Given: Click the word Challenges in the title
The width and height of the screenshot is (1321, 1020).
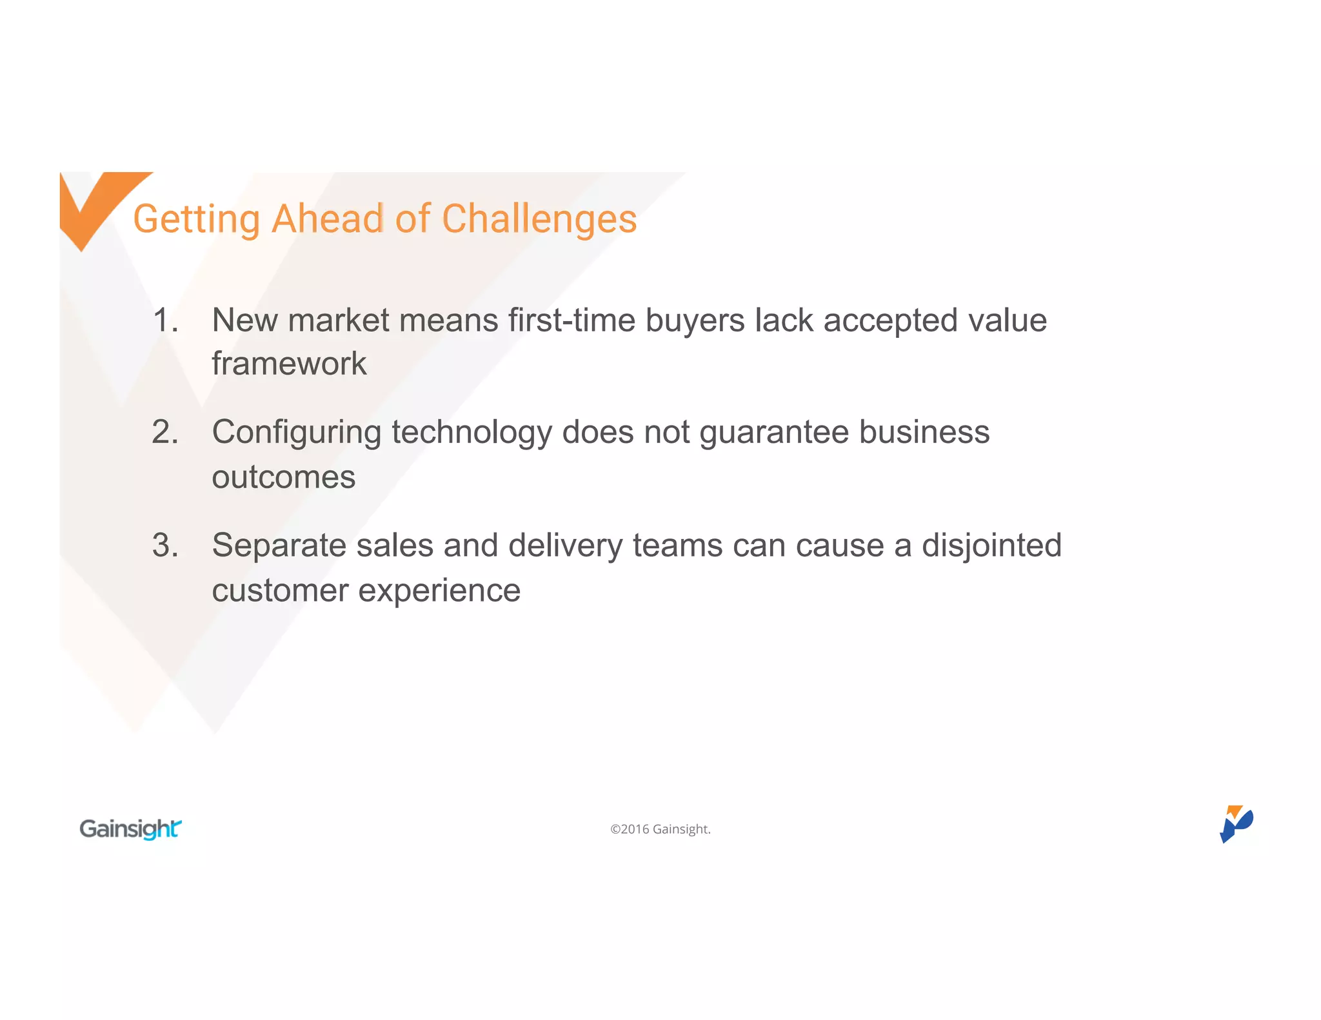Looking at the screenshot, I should tap(539, 219).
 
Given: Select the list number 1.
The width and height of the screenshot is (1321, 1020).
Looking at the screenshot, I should tap(165, 320).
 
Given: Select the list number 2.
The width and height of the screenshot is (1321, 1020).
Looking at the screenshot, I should tap(165, 432).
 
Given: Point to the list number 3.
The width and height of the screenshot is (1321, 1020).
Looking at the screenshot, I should tap(165, 545).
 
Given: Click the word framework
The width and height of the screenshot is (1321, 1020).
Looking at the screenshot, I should tap(289, 364).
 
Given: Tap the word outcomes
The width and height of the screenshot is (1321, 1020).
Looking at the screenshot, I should tap(283, 477).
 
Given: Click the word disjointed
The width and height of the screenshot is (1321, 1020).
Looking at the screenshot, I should tap(991, 545).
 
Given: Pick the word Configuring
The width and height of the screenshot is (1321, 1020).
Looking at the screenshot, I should tap(296, 432).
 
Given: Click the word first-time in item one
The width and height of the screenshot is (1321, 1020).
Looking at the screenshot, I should tap(571, 320).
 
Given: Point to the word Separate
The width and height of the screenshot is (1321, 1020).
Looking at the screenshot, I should tap(279, 545).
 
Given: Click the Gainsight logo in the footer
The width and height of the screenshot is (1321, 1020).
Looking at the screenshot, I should tap(130, 829).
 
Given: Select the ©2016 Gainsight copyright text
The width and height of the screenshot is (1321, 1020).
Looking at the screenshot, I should tap(660, 829).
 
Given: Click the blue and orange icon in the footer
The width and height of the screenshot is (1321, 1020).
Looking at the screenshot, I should tap(1235, 823).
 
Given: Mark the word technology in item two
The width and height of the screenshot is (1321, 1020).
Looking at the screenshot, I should tap(472, 432).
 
